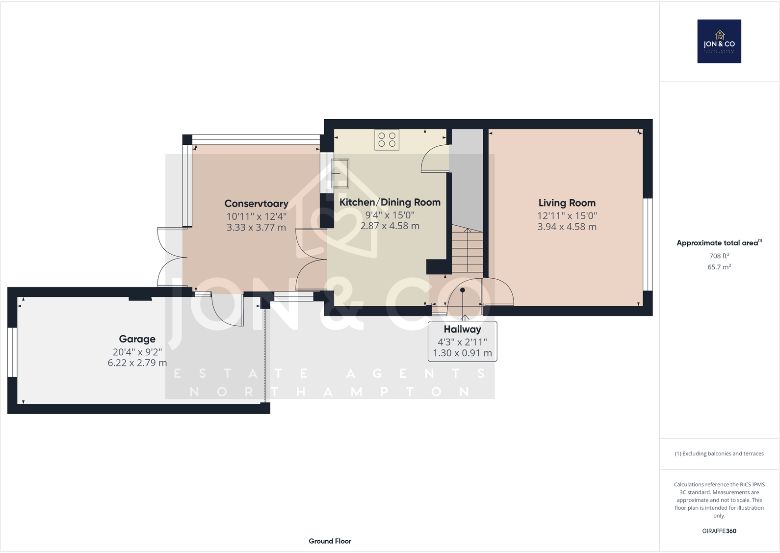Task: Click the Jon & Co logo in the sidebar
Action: pyautogui.click(x=719, y=41)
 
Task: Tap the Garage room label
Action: pyautogui.click(x=137, y=339)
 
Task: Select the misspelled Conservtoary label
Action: pyautogui.click(x=256, y=204)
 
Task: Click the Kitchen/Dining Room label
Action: pyautogui.click(x=390, y=202)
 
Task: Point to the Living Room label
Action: pyautogui.click(x=567, y=203)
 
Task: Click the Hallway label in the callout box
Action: pyautogui.click(x=462, y=329)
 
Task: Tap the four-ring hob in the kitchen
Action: pyautogui.click(x=387, y=139)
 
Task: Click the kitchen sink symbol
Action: pyautogui.click(x=340, y=173)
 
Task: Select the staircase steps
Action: pyautogui.click(x=467, y=251)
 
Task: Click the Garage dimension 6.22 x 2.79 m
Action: pyautogui.click(x=137, y=363)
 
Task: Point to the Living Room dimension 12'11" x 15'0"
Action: pyautogui.click(x=567, y=215)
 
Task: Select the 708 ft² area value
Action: pyautogui.click(x=719, y=256)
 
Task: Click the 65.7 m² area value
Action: pyautogui.click(x=719, y=267)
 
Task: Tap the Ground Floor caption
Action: pyautogui.click(x=330, y=541)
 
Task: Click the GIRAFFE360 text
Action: pyautogui.click(x=719, y=531)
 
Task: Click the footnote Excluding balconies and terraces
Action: pyautogui.click(x=719, y=454)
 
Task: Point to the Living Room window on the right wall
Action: pyautogui.click(x=648, y=244)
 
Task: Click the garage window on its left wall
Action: pyautogui.click(x=12, y=352)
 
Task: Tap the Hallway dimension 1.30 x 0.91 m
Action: pyautogui.click(x=462, y=353)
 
